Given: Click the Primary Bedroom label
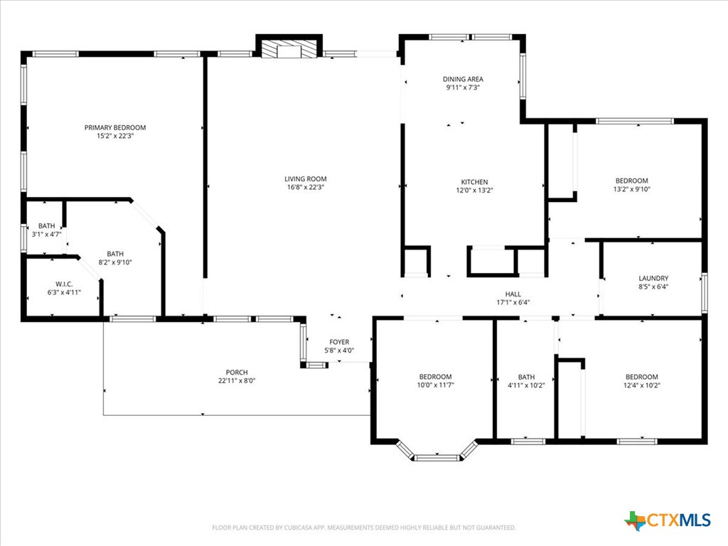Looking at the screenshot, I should tap(115, 128).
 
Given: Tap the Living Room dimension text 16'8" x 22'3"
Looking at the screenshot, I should tap(306, 188).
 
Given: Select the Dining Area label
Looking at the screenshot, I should tap(464, 79).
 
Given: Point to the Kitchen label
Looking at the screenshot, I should tap(473, 181).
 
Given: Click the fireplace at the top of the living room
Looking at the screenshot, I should tap(289, 49).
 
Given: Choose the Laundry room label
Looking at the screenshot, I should tap(653, 279).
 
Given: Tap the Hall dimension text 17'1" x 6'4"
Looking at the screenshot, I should tap(513, 302).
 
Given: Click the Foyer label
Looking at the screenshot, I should tap(339, 342).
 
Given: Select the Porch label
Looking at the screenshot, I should tap(237, 372).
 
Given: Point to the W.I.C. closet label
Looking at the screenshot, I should tap(64, 284).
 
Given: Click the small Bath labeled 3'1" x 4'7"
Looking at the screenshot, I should tap(46, 226).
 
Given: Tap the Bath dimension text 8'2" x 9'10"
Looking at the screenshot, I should tap(115, 262).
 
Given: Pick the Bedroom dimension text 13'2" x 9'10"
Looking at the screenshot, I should tap(631, 189).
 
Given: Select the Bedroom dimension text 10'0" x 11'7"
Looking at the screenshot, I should tap(435, 385).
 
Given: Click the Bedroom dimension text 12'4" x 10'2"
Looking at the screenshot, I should tap(641, 385).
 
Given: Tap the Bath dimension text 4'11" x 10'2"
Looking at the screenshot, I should tap(526, 385).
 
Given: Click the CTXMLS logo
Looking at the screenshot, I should tap(668, 520).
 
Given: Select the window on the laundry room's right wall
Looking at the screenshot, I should tap(705, 292).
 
